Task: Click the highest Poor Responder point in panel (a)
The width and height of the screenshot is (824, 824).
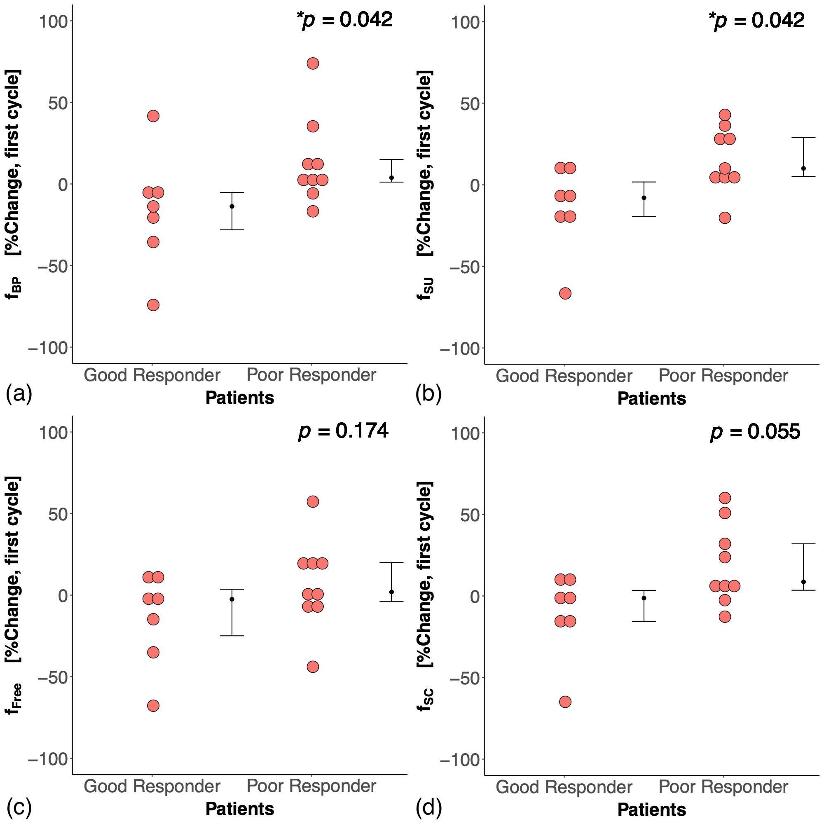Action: pyautogui.click(x=313, y=63)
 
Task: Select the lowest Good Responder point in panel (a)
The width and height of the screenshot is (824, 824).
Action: pyautogui.click(x=153, y=305)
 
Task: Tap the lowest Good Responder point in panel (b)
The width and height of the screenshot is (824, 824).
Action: pyautogui.click(x=565, y=293)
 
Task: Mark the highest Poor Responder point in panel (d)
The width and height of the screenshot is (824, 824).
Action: pyautogui.click(x=725, y=498)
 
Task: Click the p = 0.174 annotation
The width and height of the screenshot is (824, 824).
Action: pyautogui.click(x=343, y=431)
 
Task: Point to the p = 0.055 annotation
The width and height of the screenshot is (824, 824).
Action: pyautogui.click(x=755, y=432)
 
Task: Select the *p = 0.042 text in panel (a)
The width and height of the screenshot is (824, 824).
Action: pyautogui.click(x=344, y=20)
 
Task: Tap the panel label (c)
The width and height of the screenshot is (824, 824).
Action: pyautogui.click(x=19, y=805)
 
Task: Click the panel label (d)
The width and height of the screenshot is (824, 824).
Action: pyautogui.click(x=428, y=805)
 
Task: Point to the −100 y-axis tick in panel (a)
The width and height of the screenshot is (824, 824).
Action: pyautogui.click(x=48, y=348)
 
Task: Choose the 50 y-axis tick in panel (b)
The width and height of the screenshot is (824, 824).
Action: pyautogui.click(x=471, y=104)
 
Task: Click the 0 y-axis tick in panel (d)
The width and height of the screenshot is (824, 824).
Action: pyautogui.click(x=475, y=596)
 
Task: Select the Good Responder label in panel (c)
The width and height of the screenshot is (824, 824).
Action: pyautogui.click(x=152, y=786)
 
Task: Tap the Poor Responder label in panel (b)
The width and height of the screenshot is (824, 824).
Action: pyautogui.click(x=723, y=376)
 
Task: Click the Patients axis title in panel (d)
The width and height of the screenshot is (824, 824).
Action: pyautogui.click(x=652, y=809)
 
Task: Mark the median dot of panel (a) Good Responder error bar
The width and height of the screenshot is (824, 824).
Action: pyautogui.click(x=232, y=206)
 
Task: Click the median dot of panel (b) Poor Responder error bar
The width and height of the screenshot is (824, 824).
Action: pyautogui.click(x=803, y=169)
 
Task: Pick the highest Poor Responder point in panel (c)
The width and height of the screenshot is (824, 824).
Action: pyautogui.click(x=313, y=501)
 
